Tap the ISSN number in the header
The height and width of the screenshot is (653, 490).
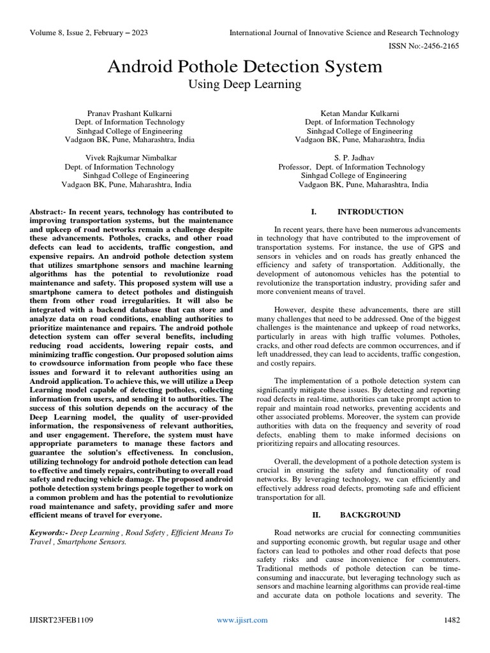pos(424,46)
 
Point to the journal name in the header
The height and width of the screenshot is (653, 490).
pos(344,33)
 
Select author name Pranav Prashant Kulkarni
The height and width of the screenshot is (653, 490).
pos(130,112)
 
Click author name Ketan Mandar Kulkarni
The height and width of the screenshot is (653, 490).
pos(359,112)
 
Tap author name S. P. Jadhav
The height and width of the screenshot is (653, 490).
pos(359,157)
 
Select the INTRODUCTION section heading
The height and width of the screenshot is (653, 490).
pos(370,212)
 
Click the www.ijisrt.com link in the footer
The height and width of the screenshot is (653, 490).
pos(242,620)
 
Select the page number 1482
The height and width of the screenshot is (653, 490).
pos(451,620)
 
